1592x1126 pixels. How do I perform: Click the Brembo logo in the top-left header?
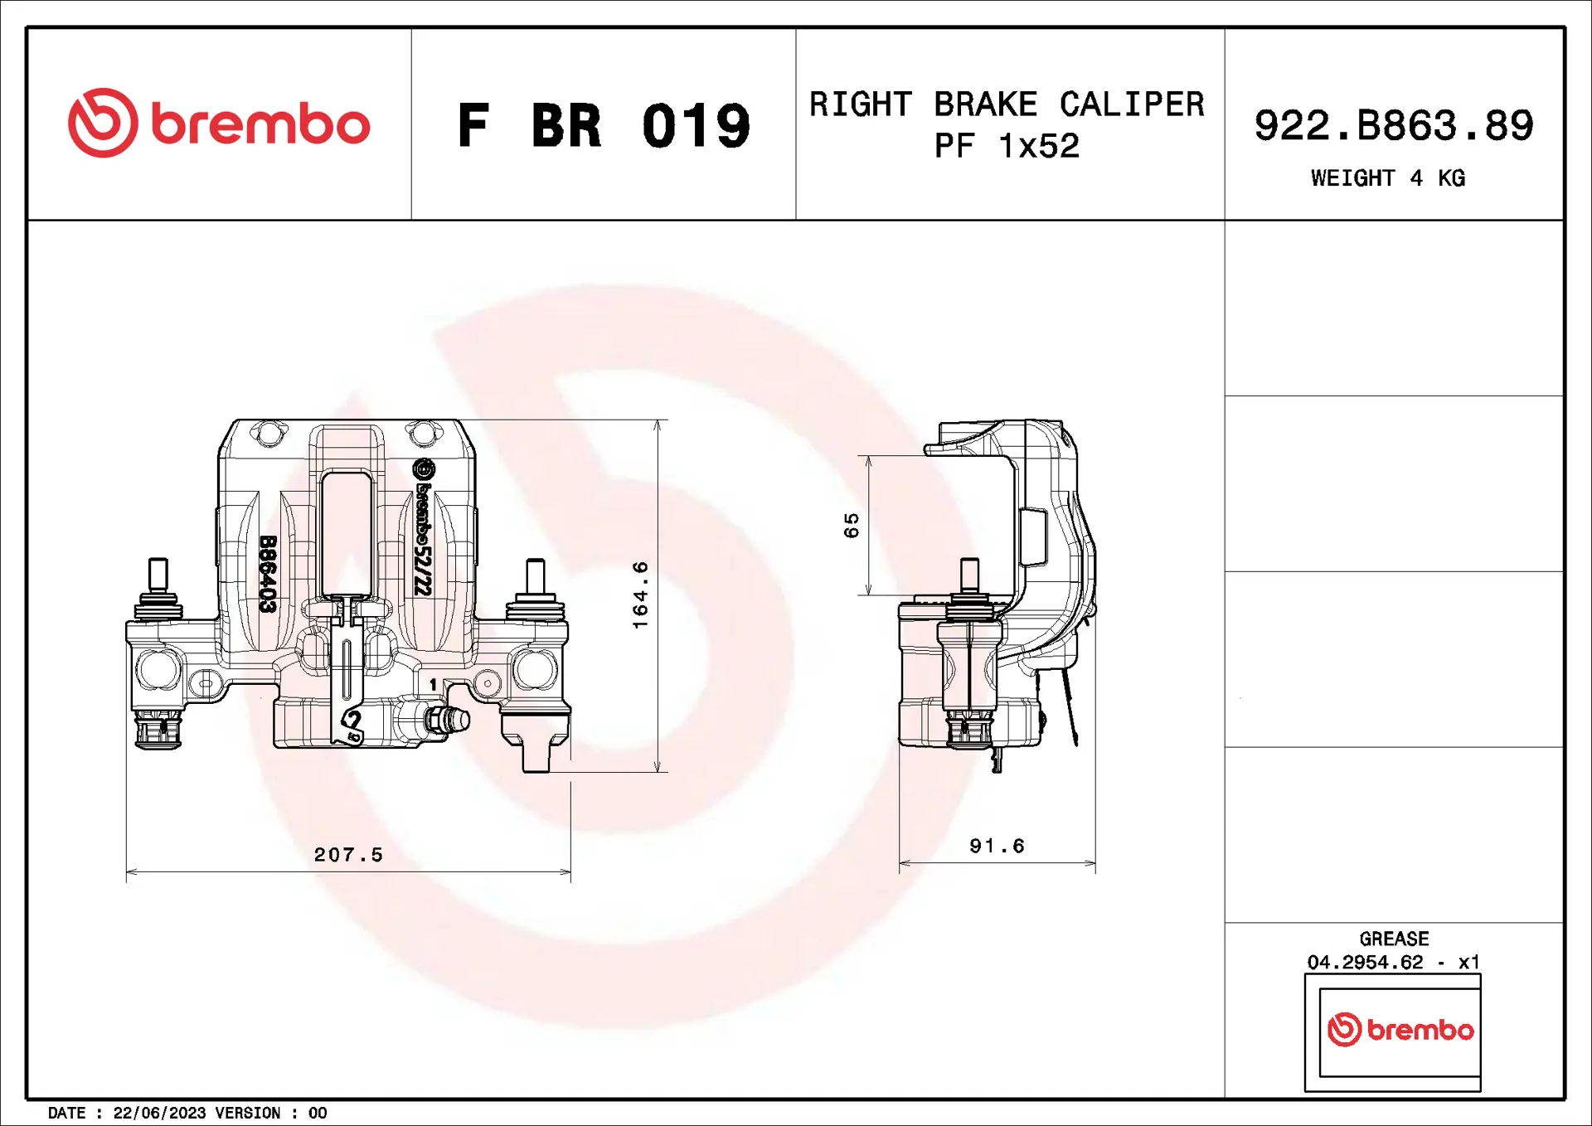click(x=219, y=124)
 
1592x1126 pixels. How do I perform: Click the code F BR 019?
click(x=604, y=126)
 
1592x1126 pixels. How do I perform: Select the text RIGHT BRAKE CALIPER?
click(x=1007, y=104)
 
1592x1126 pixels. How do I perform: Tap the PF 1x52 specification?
click(x=1007, y=147)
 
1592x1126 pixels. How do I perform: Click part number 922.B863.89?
click(x=1393, y=126)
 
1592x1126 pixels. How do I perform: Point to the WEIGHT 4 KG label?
click(x=1387, y=178)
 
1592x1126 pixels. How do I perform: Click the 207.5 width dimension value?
click(x=348, y=855)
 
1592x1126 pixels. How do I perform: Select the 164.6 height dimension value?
click(x=640, y=595)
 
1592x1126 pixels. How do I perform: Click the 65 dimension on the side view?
click(x=852, y=525)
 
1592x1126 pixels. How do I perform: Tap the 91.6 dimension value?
click(x=997, y=846)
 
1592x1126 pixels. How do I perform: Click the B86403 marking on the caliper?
click(x=267, y=574)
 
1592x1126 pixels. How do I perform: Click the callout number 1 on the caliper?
click(x=433, y=685)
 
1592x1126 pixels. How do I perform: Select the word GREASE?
click(x=1394, y=939)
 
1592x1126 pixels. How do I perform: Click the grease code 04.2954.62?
click(x=1365, y=962)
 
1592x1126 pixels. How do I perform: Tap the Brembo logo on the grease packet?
click(x=1400, y=1030)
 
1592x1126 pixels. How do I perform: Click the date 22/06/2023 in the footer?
click(x=159, y=1113)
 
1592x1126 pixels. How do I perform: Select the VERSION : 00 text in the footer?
click(x=271, y=1113)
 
